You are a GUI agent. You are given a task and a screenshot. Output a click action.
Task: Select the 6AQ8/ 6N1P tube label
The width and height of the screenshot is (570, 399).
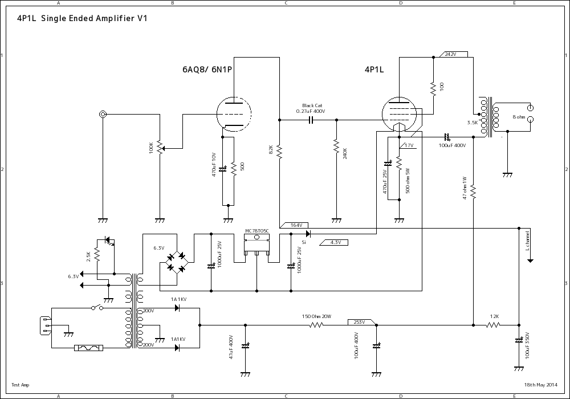[210, 70]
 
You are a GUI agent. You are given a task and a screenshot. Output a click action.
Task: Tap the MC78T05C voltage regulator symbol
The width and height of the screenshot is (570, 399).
[256, 245]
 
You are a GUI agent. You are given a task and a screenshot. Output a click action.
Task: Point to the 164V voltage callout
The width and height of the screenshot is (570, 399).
[295, 225]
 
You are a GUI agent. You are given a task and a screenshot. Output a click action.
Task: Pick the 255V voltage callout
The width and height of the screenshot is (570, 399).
[360, 322]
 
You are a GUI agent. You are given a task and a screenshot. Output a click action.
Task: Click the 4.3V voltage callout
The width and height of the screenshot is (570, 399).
[335, 242]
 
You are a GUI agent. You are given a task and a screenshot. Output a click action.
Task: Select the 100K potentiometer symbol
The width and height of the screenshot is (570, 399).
[160, 148]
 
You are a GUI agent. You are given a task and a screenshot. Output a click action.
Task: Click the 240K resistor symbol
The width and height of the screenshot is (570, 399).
[336, 151]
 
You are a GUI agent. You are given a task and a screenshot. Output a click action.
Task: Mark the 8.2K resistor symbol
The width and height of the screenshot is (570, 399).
[279, 151]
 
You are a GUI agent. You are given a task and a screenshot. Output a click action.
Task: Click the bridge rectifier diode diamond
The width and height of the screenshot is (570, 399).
[176, 262]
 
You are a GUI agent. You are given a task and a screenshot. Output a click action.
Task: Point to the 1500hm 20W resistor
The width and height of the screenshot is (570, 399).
[316, 325]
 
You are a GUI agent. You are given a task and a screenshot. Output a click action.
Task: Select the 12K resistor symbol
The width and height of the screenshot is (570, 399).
[493, 325]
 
